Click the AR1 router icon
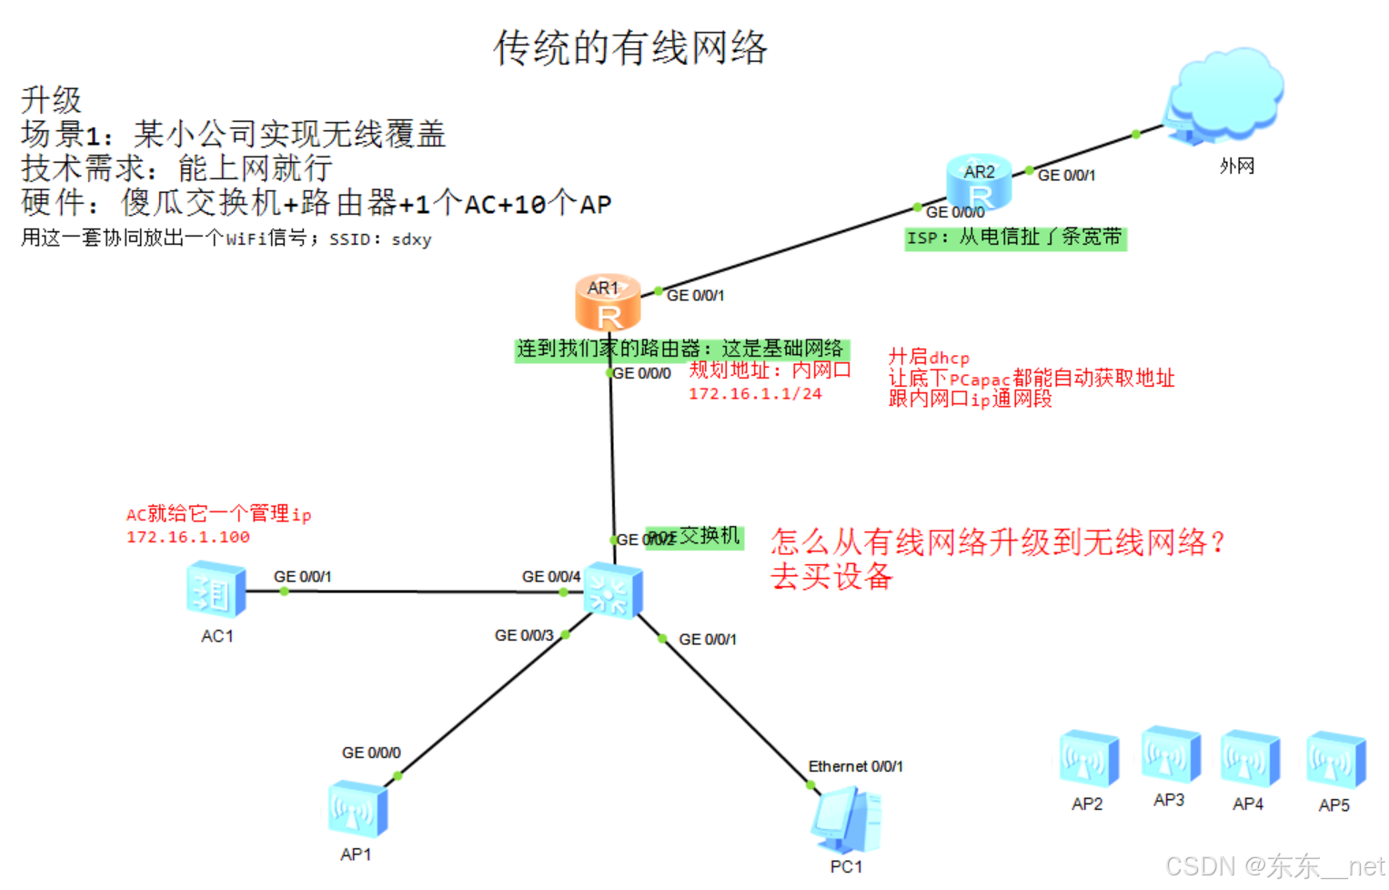pos(608,303)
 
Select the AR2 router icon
pos(979,184)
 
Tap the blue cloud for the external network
pos(1224,95)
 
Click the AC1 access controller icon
pos(216,591)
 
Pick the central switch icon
pos(612,590)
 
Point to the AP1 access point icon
pos(357,809)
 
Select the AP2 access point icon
pos(1088,758)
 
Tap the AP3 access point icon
pos(1171,754)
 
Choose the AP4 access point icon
pos(1250,758)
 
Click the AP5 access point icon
pos(1335,760)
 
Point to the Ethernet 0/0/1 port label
pos(855,766)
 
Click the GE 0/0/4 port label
pos(550,576)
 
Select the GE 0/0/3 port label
pos(523,635)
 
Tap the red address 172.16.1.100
pos(188,537)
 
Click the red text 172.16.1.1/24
pos(754,393)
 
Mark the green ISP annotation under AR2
pos(1014,238)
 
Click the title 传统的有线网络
pos(630,47)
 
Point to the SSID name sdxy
pos(411,239)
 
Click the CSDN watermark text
pos(1274,865)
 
